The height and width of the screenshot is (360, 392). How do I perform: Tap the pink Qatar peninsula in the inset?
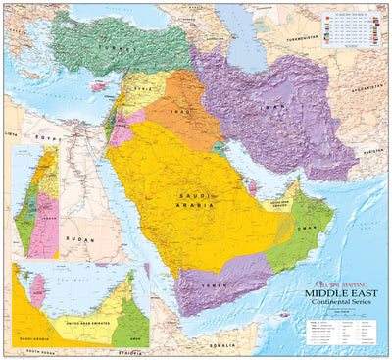point(40,289)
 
